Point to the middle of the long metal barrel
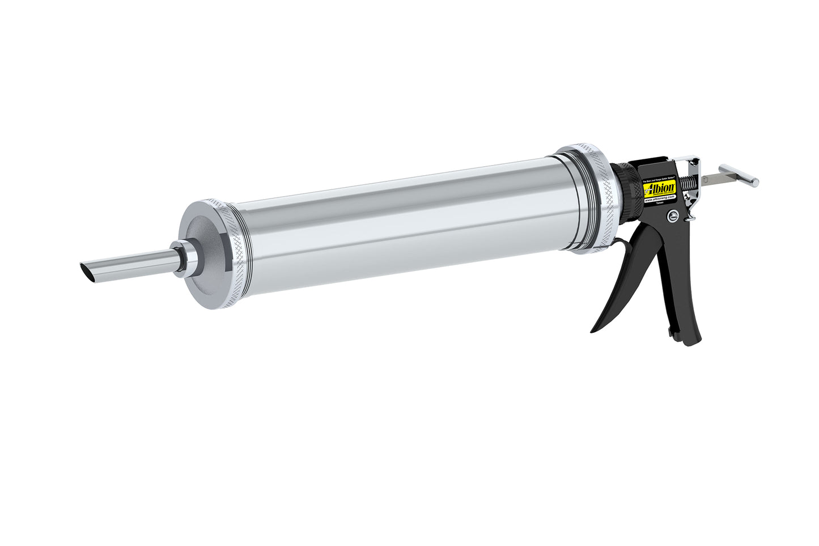click(x=397, y=227)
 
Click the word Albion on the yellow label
click(x=659, y=185)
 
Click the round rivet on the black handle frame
click(x=672, y=215)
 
